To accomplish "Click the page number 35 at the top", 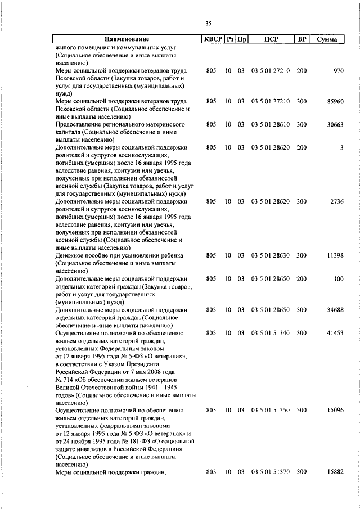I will [208, 23].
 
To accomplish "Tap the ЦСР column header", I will [271, 39].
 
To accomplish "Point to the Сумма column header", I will [327, 39].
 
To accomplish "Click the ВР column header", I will [302, 39].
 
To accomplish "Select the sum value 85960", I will [335, 101].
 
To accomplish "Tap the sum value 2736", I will [336, 201].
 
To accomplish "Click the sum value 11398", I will [335, 255].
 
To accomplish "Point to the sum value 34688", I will [335, 310].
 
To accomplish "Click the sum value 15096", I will [335, 411].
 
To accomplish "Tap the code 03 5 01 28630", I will [271, 255].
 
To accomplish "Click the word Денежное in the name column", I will [71, 255].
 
